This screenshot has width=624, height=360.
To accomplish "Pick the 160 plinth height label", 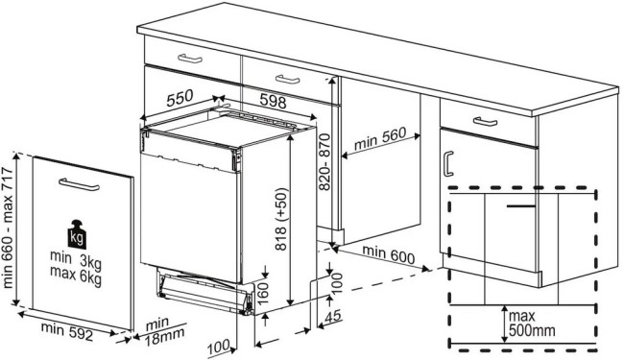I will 274,287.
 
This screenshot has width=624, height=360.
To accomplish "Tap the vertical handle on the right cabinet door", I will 447,162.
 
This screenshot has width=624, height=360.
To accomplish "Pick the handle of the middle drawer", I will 285,78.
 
